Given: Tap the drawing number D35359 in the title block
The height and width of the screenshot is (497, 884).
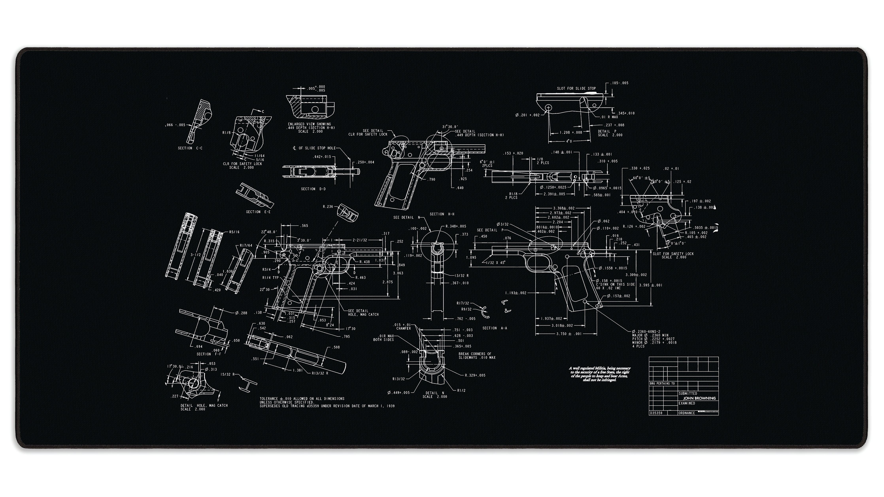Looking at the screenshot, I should [655, 413].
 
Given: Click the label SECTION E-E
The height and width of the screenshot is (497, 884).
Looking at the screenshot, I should [258, 212].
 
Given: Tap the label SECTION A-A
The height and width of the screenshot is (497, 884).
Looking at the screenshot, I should [495, 328].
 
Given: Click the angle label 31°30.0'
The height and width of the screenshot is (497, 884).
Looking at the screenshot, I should [450, 127].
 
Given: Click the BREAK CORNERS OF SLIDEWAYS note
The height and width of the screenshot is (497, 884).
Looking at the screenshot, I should [477, 356].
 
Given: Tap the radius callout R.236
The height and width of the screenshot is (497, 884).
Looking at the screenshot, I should [328, 207].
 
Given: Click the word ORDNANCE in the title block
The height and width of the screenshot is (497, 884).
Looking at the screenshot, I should [687, 413].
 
